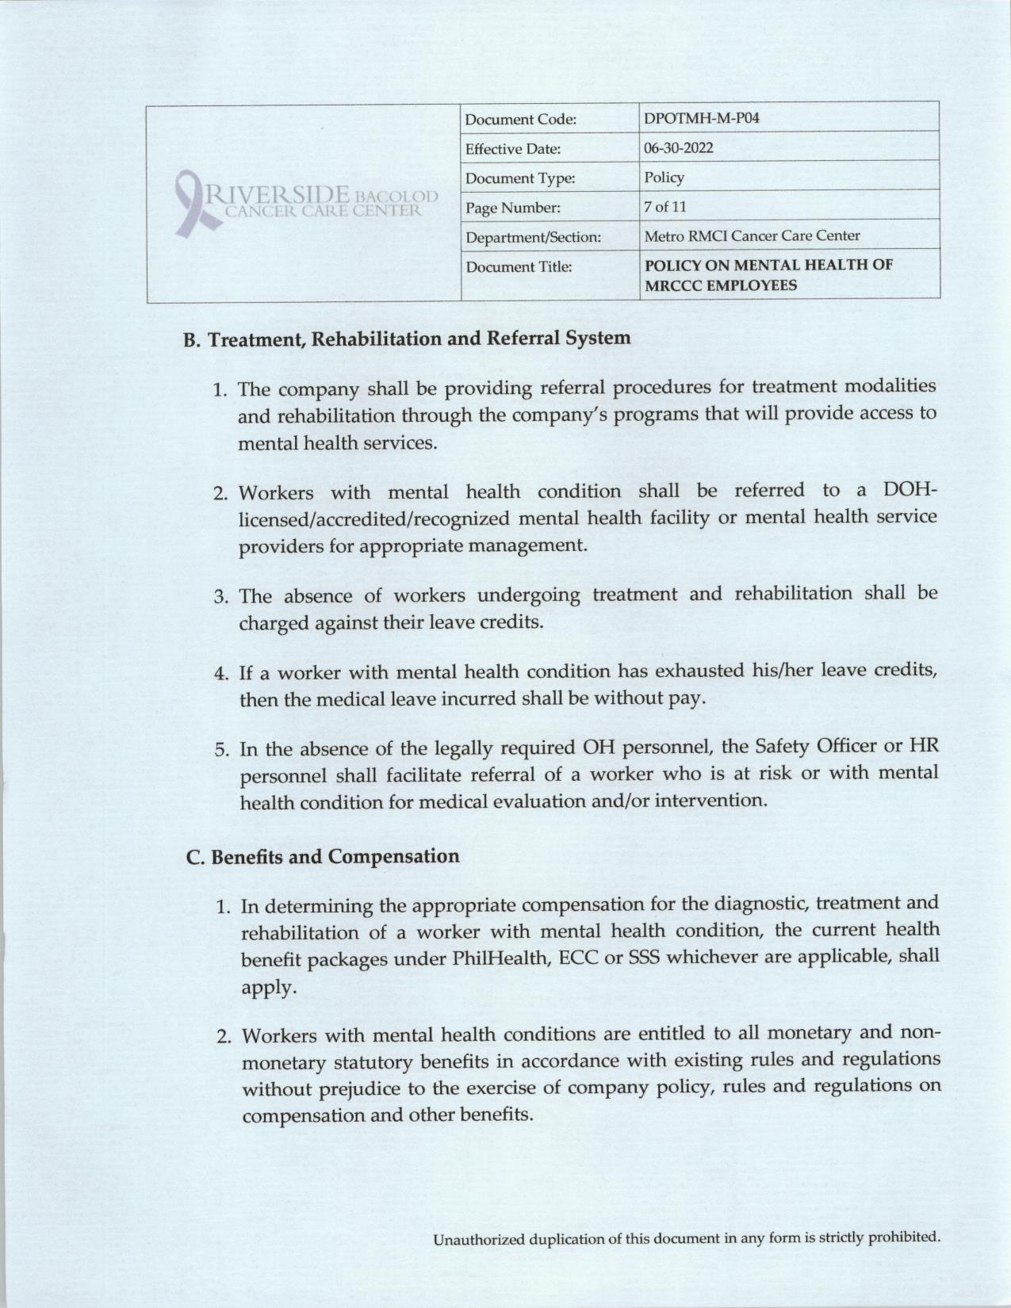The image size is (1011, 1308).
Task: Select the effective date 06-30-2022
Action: [678, 148]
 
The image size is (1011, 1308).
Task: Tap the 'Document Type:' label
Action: [519, 178]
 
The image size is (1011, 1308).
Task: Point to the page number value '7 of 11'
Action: [665, 207]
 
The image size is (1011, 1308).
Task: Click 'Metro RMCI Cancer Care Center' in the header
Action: [752, 235]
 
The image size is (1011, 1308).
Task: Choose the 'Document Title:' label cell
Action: [519, 267]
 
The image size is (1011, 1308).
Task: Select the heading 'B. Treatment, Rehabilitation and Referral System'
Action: [408, 339]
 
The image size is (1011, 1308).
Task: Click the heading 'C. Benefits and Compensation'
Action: [323, 857]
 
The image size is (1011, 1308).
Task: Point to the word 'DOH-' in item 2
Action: [909, 491]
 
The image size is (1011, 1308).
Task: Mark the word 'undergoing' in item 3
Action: [542, 595]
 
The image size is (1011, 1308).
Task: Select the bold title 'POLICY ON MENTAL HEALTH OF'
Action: [768, 266]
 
